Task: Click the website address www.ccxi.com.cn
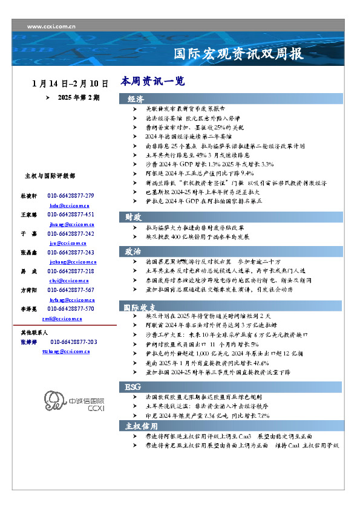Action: coord(51,26)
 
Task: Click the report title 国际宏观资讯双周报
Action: coord(238,54)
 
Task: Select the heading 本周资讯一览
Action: coord(152,81)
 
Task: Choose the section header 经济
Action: coord(136,99)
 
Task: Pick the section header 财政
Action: coord(134,216)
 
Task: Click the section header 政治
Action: coord(134,250)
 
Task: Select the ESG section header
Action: coord(133,386)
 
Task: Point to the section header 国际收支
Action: coord(140,307)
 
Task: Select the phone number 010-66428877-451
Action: coord(71,215)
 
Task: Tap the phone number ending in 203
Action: coord(73,342)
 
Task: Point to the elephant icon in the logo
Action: coord(54,400)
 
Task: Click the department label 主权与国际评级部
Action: coord(50,176)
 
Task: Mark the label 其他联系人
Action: coord(34,333)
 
